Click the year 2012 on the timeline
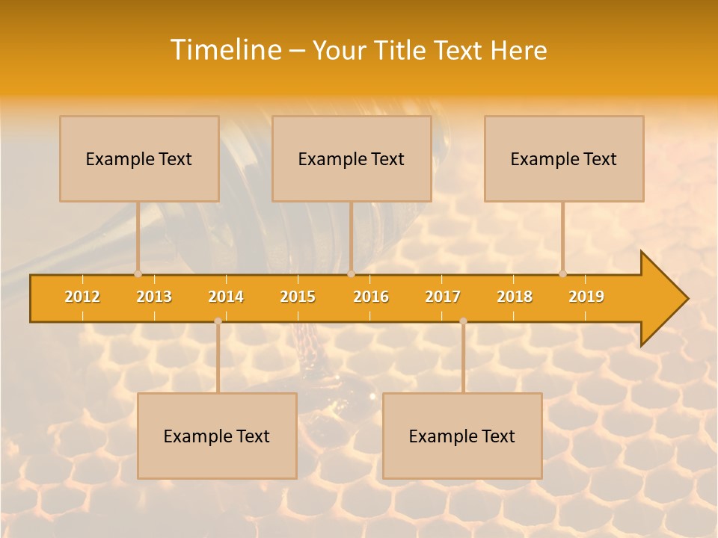[82, 297]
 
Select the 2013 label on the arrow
[154, 297]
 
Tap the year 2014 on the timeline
[226, 297]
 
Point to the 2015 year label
[298, 297]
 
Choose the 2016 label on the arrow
[371, 297]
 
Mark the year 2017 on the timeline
[443, 297]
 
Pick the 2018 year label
[515, 297]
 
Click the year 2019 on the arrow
[586, 297]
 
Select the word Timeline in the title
[226, 50]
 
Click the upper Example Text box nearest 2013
[139, 159]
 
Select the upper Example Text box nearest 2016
[352, 159]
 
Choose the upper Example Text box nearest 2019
[564, 159]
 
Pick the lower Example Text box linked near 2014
[217, 436]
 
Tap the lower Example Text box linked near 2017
[462, 436]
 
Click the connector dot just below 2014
[218, 321]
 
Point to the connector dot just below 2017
[463, 321]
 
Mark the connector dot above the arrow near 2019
[563, 273]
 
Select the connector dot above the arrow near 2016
[351, 273]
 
